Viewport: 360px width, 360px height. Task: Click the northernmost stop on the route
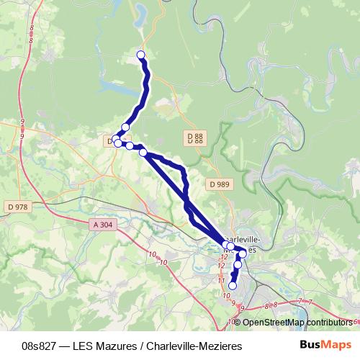pyautogui.click(x=140, y=55)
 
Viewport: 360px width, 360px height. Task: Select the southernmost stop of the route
pyautogui.click(x=232, y=286)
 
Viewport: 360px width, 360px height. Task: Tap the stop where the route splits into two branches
pyautogui.click(x=143, y=152)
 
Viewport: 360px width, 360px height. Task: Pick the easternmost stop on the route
pyautogui.click(x=243, y=253)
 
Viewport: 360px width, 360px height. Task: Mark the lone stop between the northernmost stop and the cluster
pyautogui.click(x=125, y=127)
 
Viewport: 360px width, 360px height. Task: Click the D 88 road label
pyautogui.click(x=194, y=138)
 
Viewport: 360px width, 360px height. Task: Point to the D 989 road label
pyautogui.click(x=220, y=184)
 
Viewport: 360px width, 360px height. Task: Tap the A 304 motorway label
pyautogui.click(x=103, y=225)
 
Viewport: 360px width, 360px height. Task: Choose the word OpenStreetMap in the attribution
pyautogui.click(x=273, y=322)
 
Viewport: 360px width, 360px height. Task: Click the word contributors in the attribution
pyautogui.click(x=330, y=322)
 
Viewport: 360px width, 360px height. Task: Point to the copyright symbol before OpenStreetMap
pyautogui.click(x=238, y=322)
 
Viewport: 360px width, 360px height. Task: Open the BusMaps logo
pyautogui.click(x=326, y=345)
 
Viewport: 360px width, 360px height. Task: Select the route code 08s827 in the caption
pyautogui.click(x=42, y=346)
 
